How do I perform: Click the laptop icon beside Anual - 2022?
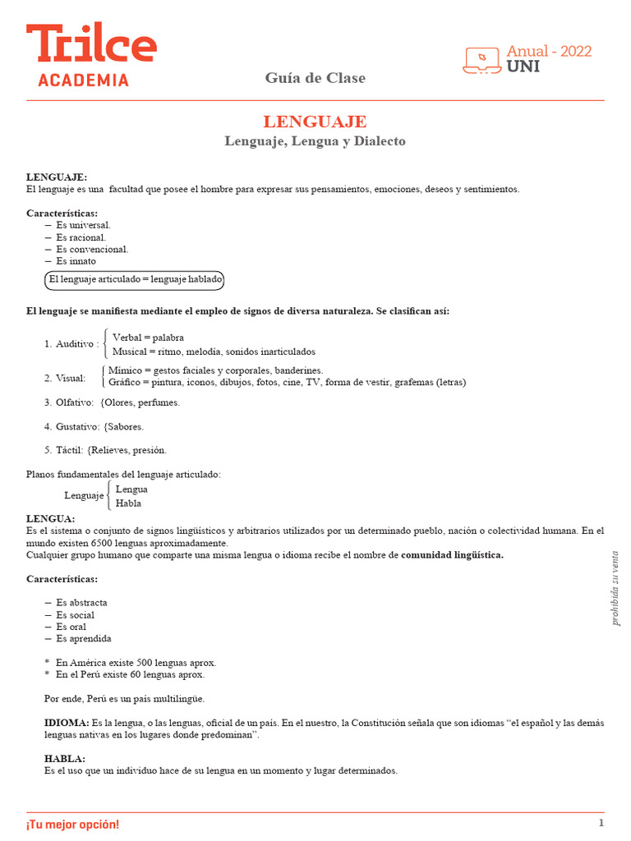(x=483, y=60)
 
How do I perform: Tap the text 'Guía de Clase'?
(x=315, y=78)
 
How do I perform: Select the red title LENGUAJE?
(x=315, y=122)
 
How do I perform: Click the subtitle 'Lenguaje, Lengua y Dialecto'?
(x=315, y=141)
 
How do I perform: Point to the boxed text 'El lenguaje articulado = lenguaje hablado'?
(x=135, y=280)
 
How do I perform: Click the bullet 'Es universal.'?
(x=83, y=225)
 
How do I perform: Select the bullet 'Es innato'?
(x=76, y=261)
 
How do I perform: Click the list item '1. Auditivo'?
(x=71, y=344)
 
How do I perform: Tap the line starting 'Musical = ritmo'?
(x=214, y=352)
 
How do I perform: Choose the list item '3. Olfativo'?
(x=69, y=402)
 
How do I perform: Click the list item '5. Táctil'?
(x=64, y=450)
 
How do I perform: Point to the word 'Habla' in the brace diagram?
(x=128, y=503)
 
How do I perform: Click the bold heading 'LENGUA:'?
(x=50, y=519)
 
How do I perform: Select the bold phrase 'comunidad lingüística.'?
(x=452, y=555)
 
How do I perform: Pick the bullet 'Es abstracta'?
(x=81, y=603)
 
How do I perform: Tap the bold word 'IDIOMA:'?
(x=67, y=723)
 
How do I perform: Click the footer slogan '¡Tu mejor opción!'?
(x=72, y=824)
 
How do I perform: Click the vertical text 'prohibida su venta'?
(x=615, y=587)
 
